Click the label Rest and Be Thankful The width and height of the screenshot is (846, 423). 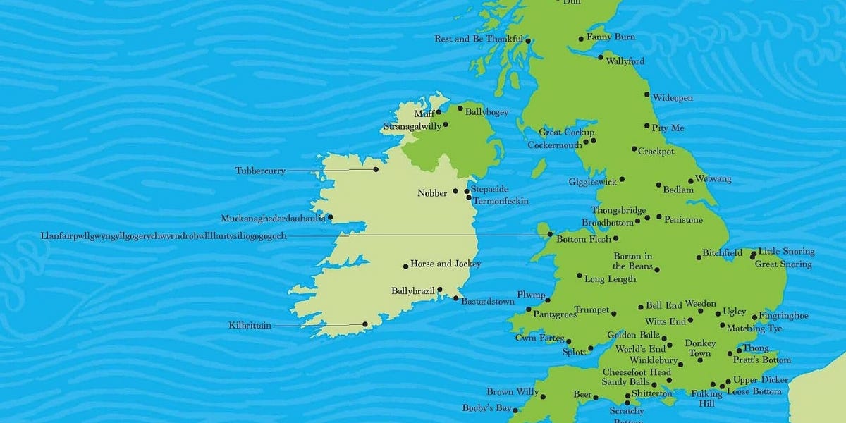pos(479,39)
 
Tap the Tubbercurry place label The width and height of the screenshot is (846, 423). pos(260,171)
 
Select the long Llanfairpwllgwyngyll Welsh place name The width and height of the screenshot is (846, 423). pos(164,235)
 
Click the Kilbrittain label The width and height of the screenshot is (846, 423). pos(250,326)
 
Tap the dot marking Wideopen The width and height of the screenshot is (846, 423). pos(647,94)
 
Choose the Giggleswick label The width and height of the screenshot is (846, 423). pos(593,182)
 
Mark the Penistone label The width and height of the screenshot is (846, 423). pos(683,220)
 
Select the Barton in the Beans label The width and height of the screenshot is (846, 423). pos(632,261)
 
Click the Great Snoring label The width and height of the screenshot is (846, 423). pos(783,264)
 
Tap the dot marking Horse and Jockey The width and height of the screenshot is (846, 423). pos(405,266)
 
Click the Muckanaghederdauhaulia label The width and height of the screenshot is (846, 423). pos(274,219)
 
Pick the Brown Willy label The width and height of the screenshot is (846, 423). pos(513,392)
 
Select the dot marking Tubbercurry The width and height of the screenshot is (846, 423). pos(376,169)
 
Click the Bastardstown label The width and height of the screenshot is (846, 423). pos(488,301)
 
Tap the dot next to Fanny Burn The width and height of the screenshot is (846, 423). pos(582,39)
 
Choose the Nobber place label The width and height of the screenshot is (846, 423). pos(432,193)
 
